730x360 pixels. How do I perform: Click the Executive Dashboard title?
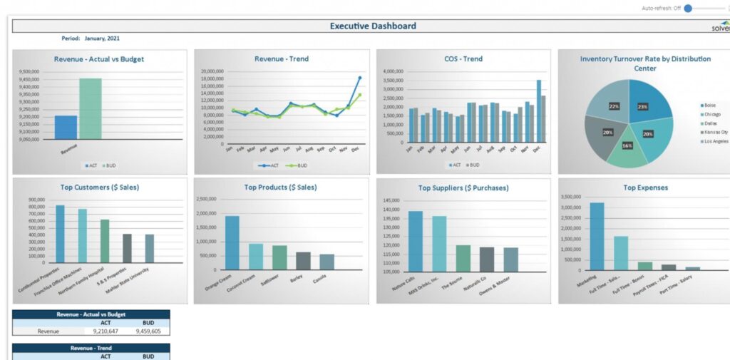click(373, 26)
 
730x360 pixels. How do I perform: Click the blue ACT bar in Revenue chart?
click(66, 128)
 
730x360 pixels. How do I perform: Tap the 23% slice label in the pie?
click(642, 107)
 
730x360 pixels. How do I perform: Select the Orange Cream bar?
click(232, 242)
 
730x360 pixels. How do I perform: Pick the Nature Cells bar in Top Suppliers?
click(415, 242)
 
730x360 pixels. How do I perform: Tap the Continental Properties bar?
click(60, 235)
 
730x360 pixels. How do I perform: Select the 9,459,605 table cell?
click(148, 331)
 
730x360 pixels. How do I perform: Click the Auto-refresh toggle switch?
click(689, 8)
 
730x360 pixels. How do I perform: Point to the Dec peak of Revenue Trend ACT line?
click(360, 78)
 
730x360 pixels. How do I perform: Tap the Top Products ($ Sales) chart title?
click(280, 187)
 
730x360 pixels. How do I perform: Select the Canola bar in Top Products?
click(327, 262)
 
